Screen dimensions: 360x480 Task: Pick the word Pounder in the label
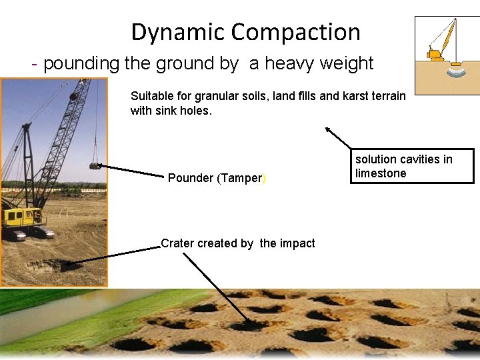click(191, 178)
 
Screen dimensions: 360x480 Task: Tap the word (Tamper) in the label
click(241, 178)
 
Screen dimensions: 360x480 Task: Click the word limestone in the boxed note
click(381, 173)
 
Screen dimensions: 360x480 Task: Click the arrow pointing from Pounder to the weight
click(130, 170)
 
